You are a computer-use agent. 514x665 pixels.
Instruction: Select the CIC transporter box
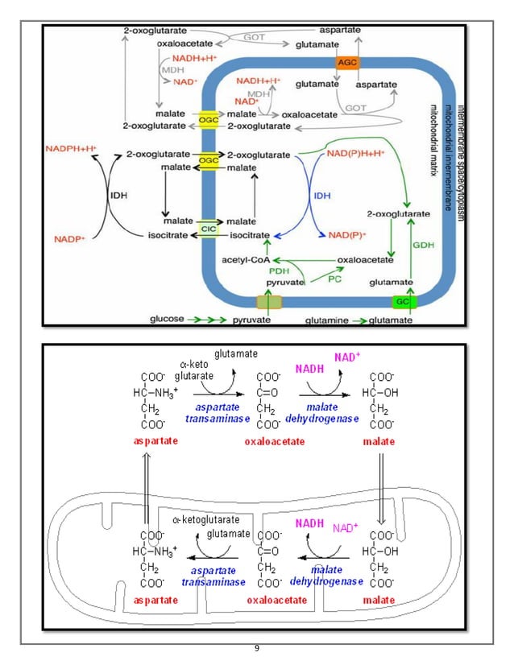click(x=208, y=228)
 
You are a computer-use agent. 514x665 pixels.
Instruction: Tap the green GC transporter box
click(x=403, y=302)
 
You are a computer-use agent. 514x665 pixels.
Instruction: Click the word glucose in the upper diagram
click(x=167, y=320)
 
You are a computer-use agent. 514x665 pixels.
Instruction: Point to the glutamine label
click(x=326, y=320)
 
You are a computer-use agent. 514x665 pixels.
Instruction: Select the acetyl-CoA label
click(x=246, y=259)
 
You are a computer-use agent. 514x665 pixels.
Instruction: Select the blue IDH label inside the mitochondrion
click(x=321, y=196)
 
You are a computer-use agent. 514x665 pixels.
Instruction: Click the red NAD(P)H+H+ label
click(x=355, y=151)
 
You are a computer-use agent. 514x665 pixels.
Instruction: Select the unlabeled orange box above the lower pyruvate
click(x=269, y=302)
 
